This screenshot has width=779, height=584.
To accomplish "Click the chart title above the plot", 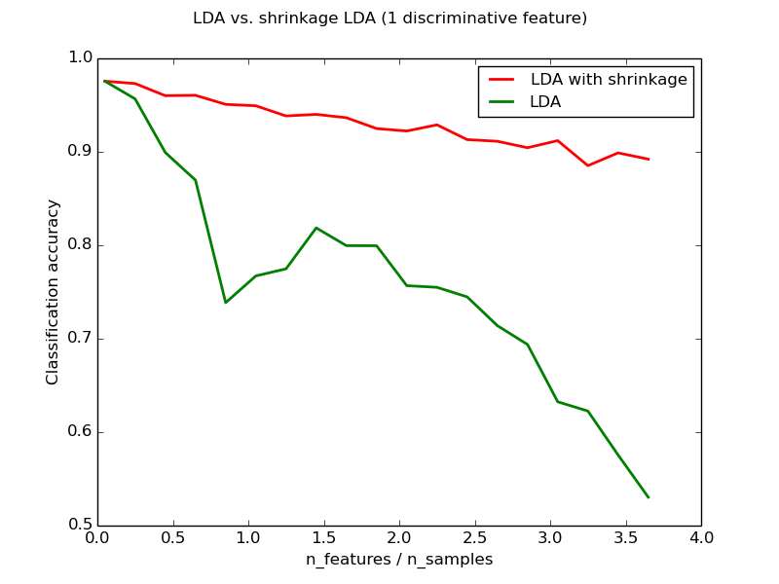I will point(389,18).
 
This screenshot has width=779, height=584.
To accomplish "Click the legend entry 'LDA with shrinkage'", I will point(609,80).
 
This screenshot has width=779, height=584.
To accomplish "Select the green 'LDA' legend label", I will point(545,101).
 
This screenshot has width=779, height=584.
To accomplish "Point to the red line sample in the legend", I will point(501,80).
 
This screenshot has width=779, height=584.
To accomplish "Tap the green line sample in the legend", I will point(501,101).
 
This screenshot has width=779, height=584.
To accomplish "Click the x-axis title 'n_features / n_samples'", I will point(399,560).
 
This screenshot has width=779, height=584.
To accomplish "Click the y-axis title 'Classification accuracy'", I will point(54,292).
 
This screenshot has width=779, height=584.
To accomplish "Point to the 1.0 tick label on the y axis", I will point(79,58).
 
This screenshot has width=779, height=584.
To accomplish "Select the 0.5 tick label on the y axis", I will point(79,526).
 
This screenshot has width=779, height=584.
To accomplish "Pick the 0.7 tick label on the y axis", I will point(79,339).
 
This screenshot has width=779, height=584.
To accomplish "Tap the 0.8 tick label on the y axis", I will point(79,245).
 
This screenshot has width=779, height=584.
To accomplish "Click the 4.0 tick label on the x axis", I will point(701,537).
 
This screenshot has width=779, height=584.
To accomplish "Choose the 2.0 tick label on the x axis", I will point(399,537).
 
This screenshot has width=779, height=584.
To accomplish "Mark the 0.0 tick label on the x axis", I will point(97,537).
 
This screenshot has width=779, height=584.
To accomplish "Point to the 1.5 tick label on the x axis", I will point(324,537).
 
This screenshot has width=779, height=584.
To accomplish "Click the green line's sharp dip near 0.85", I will point(226,302).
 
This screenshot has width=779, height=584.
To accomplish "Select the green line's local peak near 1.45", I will point(316,228).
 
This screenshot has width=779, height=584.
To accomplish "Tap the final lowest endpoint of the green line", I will point(649,497).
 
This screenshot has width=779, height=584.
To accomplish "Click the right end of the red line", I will point(649,159).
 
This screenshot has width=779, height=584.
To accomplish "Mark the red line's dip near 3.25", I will point(588,165).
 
